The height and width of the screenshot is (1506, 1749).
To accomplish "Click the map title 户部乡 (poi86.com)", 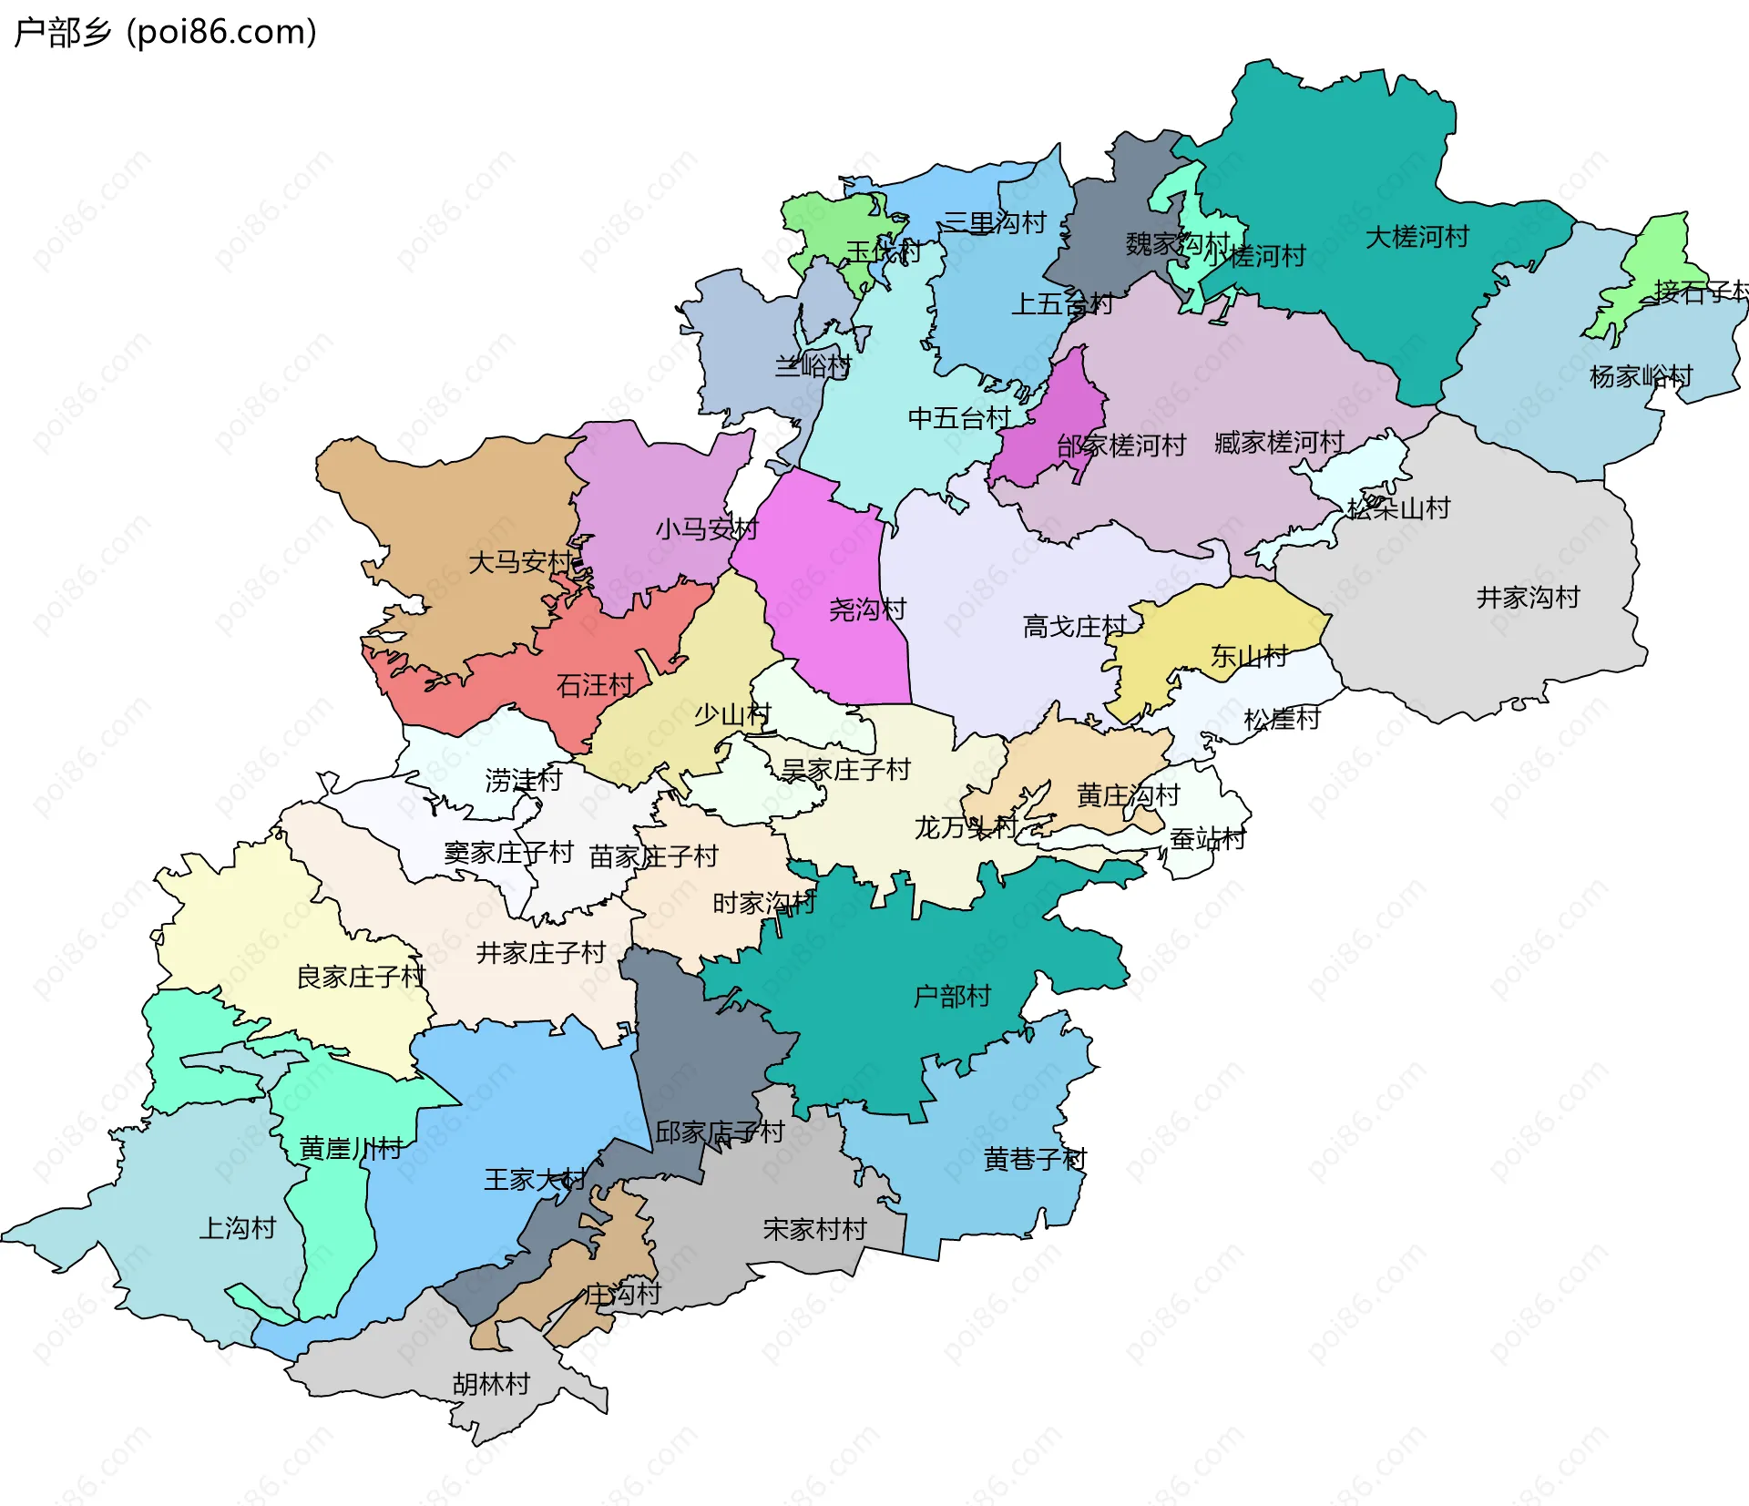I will click(166, 32).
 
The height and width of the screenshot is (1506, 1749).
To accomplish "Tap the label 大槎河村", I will click(1417, 237).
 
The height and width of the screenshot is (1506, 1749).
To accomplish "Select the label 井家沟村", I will click(1528, 598).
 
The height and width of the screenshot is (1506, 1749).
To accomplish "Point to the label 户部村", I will click(951, 996).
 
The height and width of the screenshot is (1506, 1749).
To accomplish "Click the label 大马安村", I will click(520, 561).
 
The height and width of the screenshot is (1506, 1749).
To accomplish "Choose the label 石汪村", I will click(595, 685).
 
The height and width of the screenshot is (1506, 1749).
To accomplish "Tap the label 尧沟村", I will click(867, 610).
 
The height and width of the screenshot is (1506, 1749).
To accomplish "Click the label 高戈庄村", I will click(1075, 627).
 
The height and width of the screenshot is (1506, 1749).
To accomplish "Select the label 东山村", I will click(1249, 656).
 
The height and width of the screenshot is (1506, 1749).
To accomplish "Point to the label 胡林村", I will click(491, 1384).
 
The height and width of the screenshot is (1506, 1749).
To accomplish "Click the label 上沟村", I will click(238, 1228).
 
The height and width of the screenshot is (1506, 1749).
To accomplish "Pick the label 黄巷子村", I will click(1035, 1160).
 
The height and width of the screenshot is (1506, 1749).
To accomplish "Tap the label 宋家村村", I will click(814, 1230).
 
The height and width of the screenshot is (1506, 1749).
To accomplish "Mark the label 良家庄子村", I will click(361, 977).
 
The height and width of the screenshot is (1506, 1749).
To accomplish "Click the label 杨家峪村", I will click(1641, 376).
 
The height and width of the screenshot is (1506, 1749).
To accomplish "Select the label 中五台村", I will click(959, 418).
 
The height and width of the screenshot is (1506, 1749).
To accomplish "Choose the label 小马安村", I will click(706, 528).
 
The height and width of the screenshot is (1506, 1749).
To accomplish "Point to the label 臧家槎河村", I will click(1279, 443).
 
